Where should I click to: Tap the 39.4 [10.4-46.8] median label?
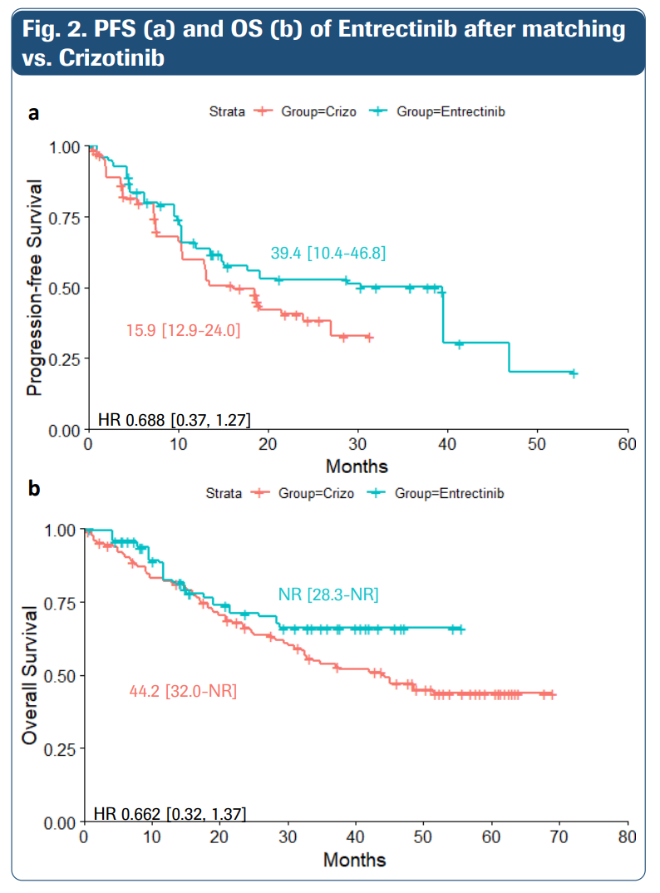pos(328,253)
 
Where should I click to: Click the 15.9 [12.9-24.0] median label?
pos(183,331)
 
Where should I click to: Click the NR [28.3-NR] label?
pos(328,595)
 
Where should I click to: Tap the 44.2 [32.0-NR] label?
pos(183,690)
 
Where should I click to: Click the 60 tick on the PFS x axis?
pos(628,443)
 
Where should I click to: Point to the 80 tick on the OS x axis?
pos(628,836)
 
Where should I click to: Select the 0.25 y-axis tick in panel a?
pos(64,359)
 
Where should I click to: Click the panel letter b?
pos(33,489)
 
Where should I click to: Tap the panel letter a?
pos(33,112)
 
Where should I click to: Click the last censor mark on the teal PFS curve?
pos(573,373)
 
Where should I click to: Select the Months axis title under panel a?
pos(357,465)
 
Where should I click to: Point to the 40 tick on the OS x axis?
pos(356,836)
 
